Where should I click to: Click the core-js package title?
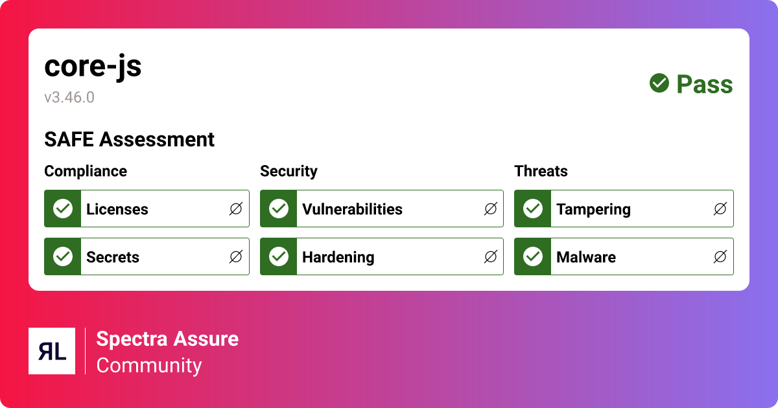click(93, 67)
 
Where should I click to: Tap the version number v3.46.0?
click(69, 98)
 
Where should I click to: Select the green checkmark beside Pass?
click(659, 83)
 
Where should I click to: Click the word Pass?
click(705, 84)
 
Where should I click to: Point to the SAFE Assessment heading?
click(129, 139)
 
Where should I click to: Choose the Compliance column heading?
click(86, 171)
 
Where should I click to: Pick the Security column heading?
click(289, 171)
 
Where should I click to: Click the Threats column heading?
click(541, 171)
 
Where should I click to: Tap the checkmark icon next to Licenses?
click(63, 209)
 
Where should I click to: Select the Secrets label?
click(113, 257)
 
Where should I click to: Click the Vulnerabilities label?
click(352, 209)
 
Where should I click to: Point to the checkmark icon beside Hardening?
click(279, 256)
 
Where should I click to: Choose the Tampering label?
click(593, 209)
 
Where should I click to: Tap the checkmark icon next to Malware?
click(533, 256)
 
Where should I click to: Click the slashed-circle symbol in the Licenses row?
click(236, 209)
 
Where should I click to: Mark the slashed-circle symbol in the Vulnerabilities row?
click(491, 209)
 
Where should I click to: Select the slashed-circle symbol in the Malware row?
click(720, 256)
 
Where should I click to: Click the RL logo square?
click(52, 351)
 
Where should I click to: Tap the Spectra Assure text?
click(167, 339)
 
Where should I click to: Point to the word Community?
click(149, 365)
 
